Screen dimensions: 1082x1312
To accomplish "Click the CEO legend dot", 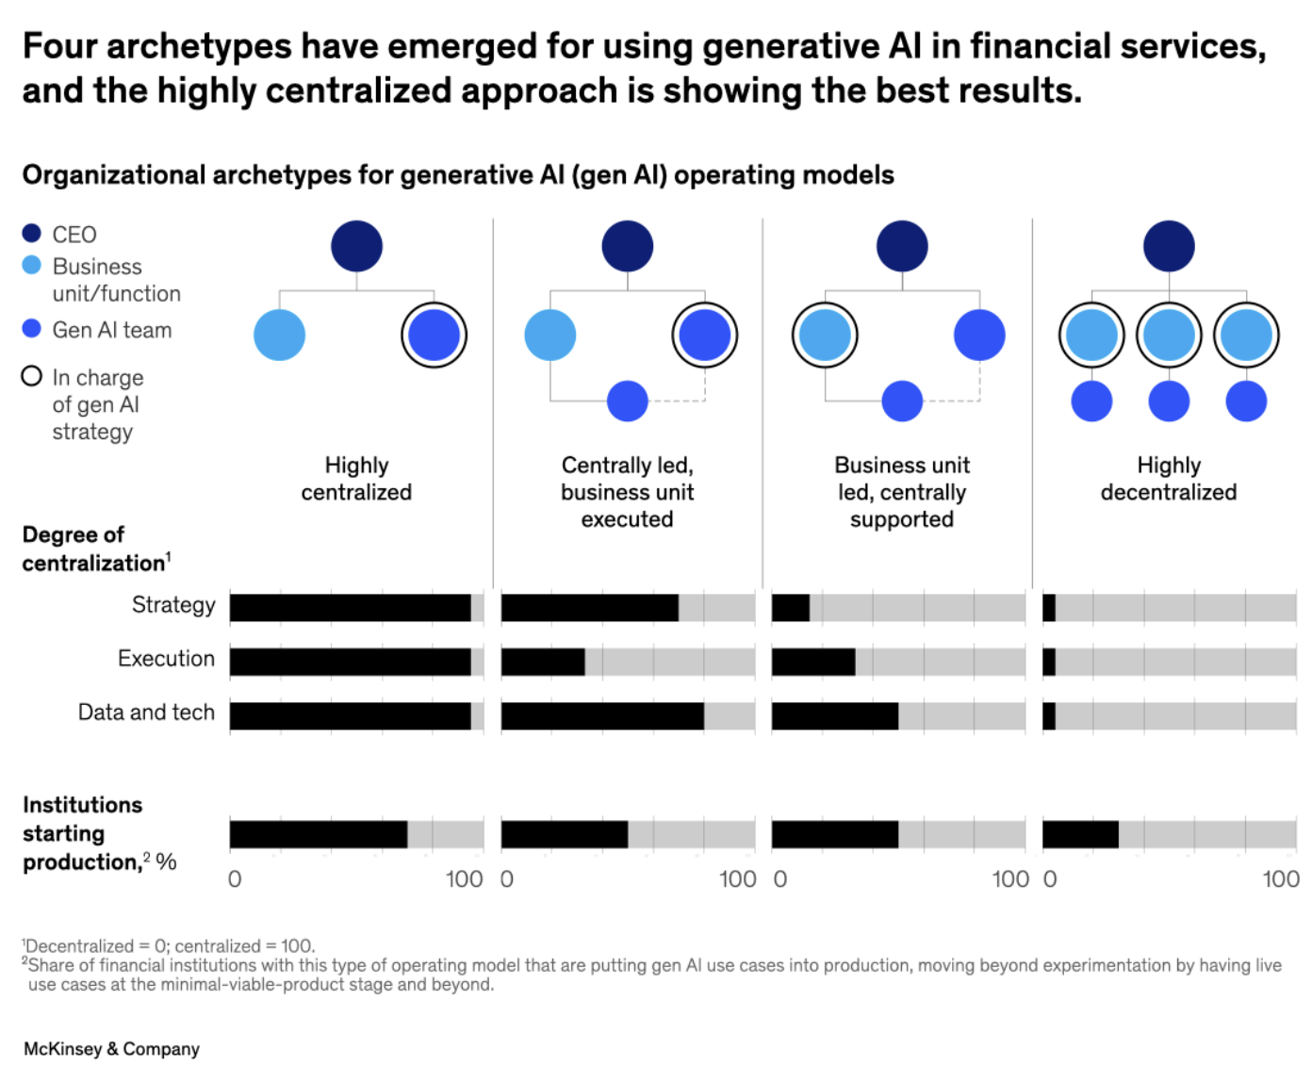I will tap(32, 233).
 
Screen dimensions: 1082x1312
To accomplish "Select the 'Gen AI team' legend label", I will tap(111, 330).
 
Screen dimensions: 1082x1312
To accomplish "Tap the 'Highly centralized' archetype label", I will tap(356, 479).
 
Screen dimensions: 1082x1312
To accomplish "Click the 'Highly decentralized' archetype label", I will tap(1168, 479).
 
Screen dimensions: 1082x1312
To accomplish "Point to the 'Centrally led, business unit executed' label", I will tap(627, 492).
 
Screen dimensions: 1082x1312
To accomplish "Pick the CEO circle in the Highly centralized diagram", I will tap(356, 246).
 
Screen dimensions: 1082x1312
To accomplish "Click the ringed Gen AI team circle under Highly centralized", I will tap(434, 335).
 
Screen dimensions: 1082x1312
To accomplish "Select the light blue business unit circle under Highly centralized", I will tap(279, 335).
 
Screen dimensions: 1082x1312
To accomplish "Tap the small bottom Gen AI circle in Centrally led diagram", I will tap(627, 401).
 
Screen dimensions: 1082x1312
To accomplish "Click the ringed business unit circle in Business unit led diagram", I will tap(825, 335).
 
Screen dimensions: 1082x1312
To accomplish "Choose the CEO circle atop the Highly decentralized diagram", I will tap(1169, 246).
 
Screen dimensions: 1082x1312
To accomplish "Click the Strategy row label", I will tap(173, 605).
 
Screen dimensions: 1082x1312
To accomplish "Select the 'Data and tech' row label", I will tap(146, 713).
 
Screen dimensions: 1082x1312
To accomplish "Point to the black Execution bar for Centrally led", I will tap(543, 662).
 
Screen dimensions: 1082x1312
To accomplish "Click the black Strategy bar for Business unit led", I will tap(791, 608).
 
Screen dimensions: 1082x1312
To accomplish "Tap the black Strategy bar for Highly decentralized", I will tap(1049, 608).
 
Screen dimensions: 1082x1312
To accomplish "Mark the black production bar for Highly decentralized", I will tap(1080, 835).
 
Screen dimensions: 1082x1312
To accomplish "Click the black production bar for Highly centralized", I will tap(319, 835).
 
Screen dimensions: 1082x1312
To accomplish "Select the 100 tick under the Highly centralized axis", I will tap(464, 879).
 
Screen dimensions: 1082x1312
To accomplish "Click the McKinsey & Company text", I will tap(111, 1049).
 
